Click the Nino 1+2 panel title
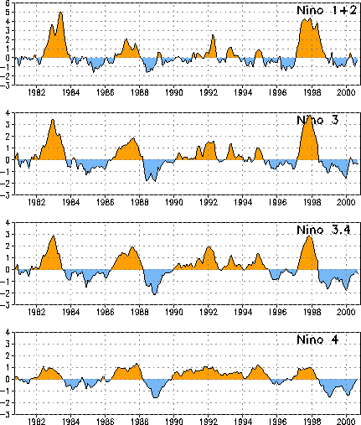click(327, 10)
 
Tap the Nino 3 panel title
click(317, 120)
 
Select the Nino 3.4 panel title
click(323, 230)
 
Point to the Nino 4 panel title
click(317, 339)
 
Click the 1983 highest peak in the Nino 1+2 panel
click(61, 12)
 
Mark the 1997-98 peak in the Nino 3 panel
click(309, 117)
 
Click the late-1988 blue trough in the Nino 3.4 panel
click(155, 294)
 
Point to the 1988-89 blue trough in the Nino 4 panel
click(156, 397)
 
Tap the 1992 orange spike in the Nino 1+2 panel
click(213, 35)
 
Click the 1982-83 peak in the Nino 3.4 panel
click(54, 236)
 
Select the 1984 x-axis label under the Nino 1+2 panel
click(71, 92)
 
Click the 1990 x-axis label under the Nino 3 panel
click(174, 202)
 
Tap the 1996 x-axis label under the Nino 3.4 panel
click(277, 312)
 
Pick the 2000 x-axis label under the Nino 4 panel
click(346, 422)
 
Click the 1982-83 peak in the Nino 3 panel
click(53, 120)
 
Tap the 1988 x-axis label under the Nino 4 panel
click(140, 422)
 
